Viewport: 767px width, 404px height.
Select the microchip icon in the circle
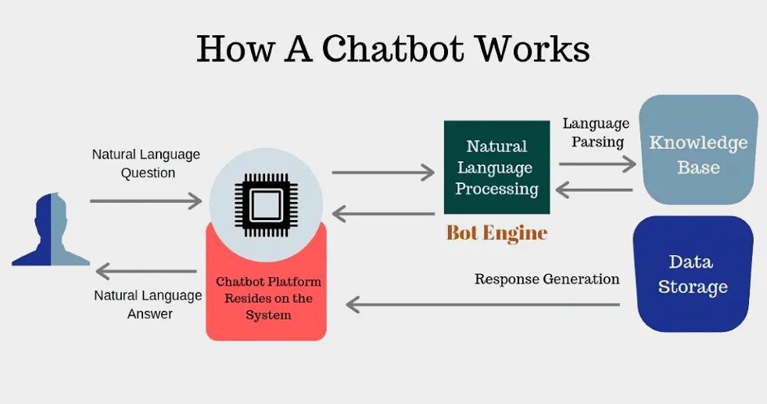pos(266,205)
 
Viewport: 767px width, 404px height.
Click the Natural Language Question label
pos(146,164)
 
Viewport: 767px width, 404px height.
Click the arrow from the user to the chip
pos(146,201)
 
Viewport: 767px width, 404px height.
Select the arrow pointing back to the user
pos(146,272)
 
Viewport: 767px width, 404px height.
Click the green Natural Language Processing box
pos(496,168)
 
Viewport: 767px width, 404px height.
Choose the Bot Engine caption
pos(496,233)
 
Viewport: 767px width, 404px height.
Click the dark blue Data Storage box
pos(693,274)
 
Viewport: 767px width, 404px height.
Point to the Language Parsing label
pos(596,132)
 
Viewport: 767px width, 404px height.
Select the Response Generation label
pos(547,280)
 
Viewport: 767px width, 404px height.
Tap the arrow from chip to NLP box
pos(383,172)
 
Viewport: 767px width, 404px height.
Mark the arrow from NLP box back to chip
pos(383,213)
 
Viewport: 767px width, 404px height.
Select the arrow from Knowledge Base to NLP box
pos(594,189)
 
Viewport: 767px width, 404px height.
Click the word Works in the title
pos(533,49)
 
